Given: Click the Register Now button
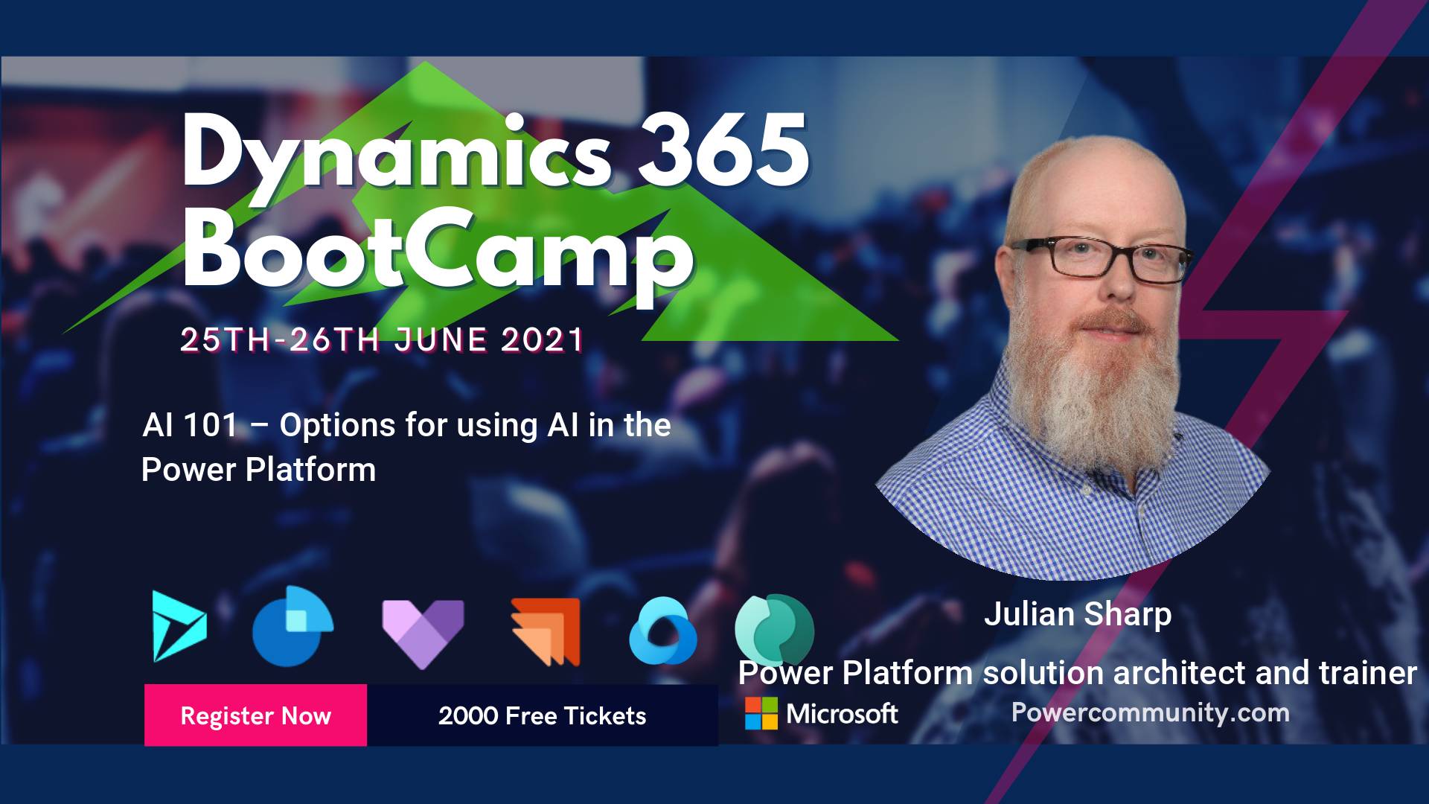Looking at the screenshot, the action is click(x=255, y=715).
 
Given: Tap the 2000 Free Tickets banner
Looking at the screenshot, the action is click(x=543, y=715).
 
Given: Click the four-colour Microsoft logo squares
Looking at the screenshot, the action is click(x=761, y=713).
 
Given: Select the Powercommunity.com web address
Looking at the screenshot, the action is click(x=1150, y=712).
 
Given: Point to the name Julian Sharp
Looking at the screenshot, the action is click(x=1078, y=614).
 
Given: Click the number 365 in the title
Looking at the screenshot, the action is click(x=723, y=150).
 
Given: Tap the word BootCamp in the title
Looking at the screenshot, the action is click(x=439, y=250).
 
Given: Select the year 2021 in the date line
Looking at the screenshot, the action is click(x=543, y=339).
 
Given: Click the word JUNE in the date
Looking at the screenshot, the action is click(x=441, y=339).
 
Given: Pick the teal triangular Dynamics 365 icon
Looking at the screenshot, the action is click(x=179, y=626).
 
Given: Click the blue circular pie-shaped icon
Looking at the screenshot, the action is click(x=292, y=626).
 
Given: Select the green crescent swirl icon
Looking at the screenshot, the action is click(x=774, y=630).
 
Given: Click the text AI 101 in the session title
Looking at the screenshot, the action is click(x=190, y=425).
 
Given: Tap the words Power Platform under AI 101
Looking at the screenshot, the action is click(x=259, y=470).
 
